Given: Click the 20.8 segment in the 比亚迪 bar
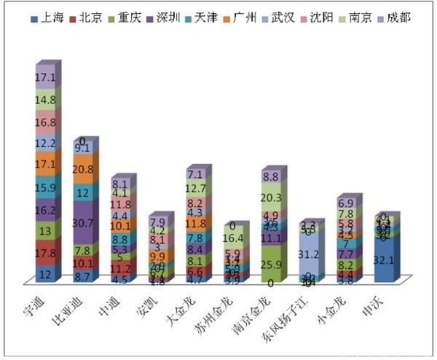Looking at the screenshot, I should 82,168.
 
